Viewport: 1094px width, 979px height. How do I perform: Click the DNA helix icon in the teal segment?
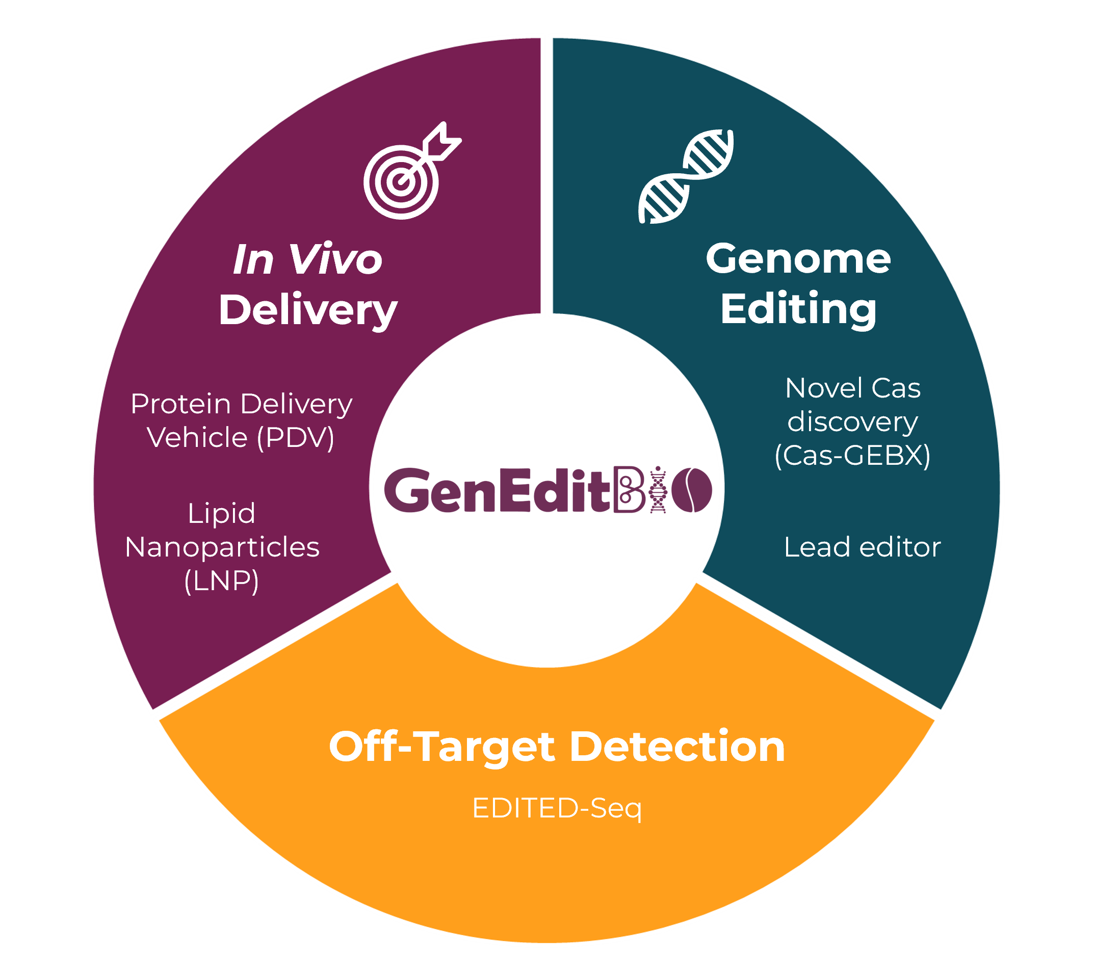click(686, 176)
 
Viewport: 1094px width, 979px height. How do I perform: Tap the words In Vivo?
click(307, 260)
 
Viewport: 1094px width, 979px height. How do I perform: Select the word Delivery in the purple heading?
click(307, 311)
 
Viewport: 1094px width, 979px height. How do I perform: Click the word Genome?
click(798, 259)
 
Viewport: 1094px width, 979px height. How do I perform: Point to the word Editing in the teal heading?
click(798, 309)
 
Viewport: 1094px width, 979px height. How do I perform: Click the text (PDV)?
click(296, 437)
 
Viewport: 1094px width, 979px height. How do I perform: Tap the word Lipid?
click(221, 513)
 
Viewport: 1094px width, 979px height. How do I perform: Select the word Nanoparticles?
click(222, 547)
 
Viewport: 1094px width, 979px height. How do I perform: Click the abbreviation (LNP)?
click(221, 581)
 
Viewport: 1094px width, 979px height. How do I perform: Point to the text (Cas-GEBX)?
click(852, 455)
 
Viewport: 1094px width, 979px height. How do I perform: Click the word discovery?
click(852, 422)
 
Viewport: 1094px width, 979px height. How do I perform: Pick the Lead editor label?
click(862, 547)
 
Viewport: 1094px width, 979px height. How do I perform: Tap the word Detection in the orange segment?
click(677, 747)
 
